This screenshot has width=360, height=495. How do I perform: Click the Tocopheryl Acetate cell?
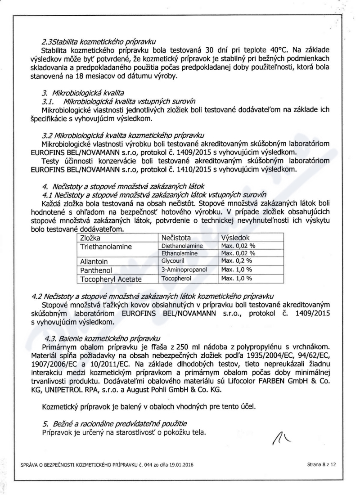pos(111,279)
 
